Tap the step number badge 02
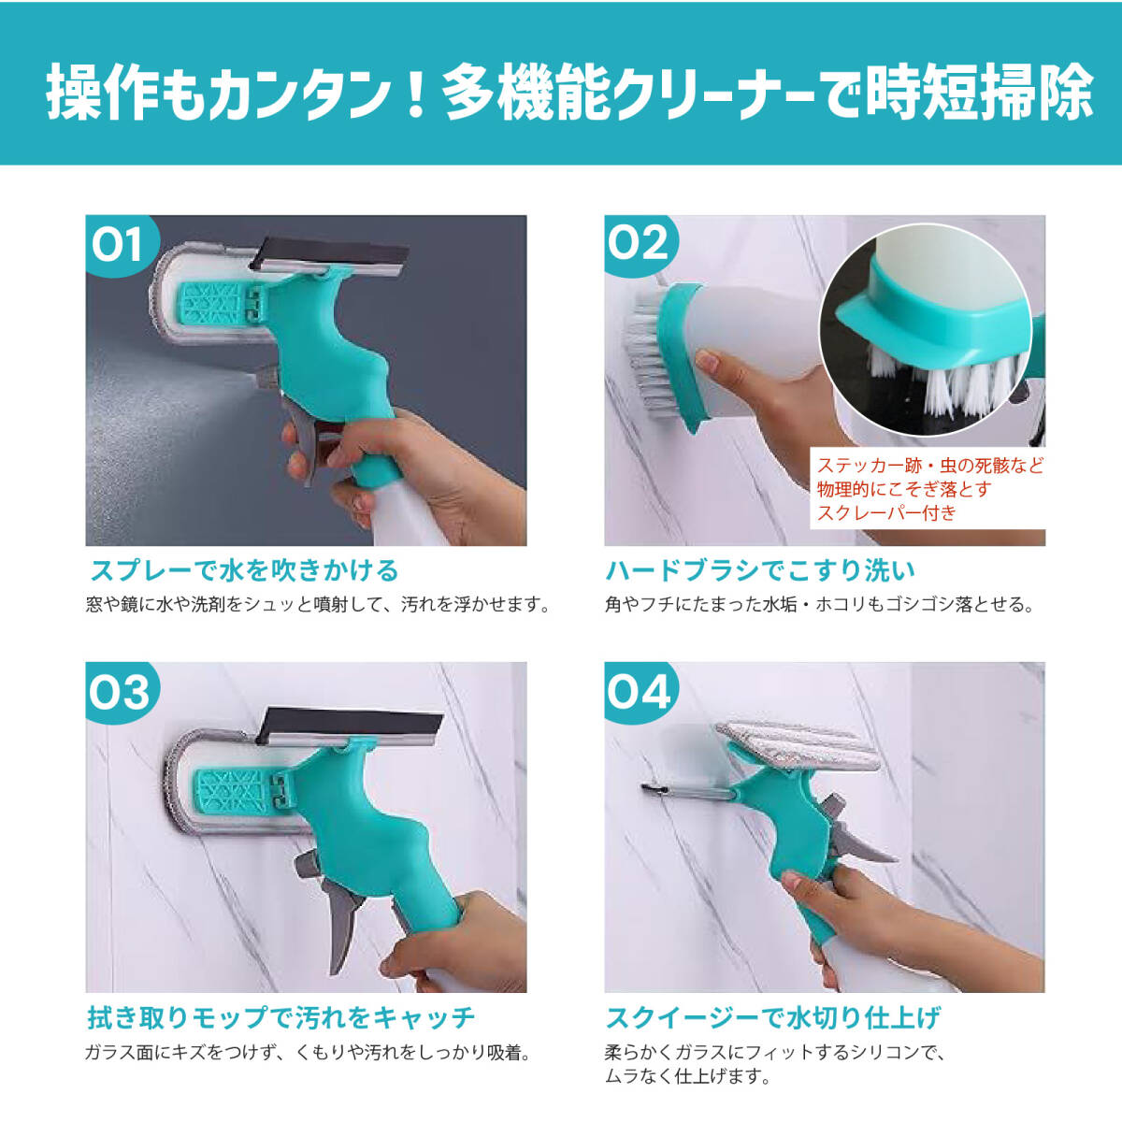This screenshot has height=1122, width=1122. (x=640, y=245)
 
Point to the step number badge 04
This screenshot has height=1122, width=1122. (x=640, y=692)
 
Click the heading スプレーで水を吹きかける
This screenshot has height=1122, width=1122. (x=245, y=570)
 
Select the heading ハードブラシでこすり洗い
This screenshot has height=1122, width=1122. (x=760, y=570)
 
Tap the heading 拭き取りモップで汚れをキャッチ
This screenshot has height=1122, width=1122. (x=280, y=1017)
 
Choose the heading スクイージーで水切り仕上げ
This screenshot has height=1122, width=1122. (x=772, y=1017)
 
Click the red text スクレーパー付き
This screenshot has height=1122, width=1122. (x=886, y=513)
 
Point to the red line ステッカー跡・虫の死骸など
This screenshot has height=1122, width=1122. (x=929, y=466)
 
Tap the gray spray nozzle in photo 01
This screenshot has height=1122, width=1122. (x=266, y=379)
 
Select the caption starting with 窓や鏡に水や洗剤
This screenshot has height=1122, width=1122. (x=318, y=604)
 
